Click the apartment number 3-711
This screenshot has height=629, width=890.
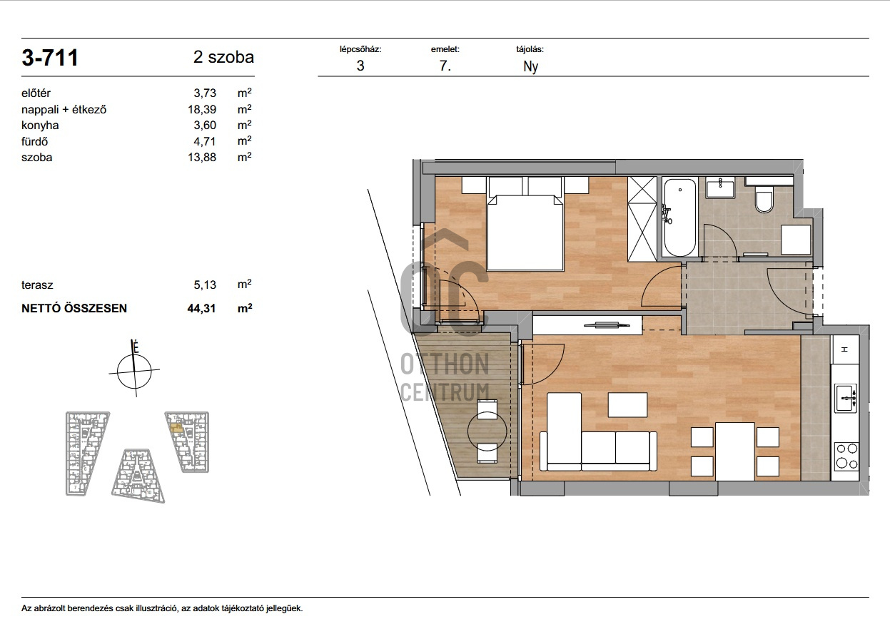click(x=50, y=58)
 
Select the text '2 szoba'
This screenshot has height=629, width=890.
click(x=223, y=57)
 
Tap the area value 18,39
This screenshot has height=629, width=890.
click(x=202, y=109)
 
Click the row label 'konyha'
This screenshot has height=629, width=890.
click(x=40, y=126)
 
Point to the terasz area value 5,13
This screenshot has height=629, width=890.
click(x=205, y=285)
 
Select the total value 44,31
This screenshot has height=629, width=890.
click(x=201, y=308)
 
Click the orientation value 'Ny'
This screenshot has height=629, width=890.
click(x=530, y=66)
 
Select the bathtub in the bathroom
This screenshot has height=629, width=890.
click(x=680, y=218)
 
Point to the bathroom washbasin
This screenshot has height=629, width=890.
click(x=720, y=188)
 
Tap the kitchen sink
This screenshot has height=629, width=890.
click(x=846, y=398)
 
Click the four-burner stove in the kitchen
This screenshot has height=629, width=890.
click(x=846, y=456)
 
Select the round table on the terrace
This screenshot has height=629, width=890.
click(x=487, y=431)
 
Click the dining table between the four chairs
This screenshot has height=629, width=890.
click(x=735, y=451)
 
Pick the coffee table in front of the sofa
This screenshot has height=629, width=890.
click(x=628, y=404)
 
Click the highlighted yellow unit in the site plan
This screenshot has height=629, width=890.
click(x=176, y=428)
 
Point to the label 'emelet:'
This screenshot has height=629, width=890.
click(x=445, y=50)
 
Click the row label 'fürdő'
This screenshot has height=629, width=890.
click(x=34, y=141)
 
